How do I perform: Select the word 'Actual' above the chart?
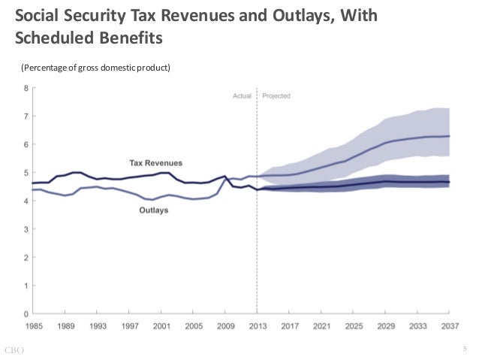(x=242, y=96)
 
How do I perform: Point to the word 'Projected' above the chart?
(x=276, y=96)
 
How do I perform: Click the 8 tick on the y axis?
(x=26, y=88)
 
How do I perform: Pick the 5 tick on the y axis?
(x=26, y=173)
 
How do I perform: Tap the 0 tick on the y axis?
(x=26, y=313)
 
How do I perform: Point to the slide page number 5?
(x=465, y=348)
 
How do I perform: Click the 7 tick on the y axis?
(x=26, y=116)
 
